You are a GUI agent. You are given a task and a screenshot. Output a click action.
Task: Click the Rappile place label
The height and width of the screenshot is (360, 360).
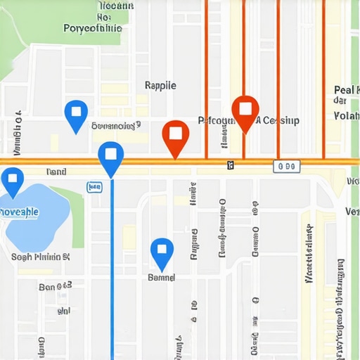(x=160, y=85)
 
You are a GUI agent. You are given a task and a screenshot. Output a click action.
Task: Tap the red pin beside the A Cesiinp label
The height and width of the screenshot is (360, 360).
(x=245, y=112)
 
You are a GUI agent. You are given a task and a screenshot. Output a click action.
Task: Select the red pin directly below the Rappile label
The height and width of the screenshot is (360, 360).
(x=176, y=136)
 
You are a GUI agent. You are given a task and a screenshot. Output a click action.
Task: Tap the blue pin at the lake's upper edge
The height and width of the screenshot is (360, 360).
(x=12, y=181)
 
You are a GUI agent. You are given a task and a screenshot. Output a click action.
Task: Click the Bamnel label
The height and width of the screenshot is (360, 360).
(x=162, y=278)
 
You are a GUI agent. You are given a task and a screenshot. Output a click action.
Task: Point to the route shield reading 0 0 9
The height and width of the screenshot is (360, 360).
(x=286, y=166)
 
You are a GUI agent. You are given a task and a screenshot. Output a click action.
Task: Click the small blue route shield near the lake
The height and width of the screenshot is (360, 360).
(x=94, y=186)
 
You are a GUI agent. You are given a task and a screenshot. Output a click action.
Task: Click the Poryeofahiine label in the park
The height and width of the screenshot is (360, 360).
(x=92, y=29)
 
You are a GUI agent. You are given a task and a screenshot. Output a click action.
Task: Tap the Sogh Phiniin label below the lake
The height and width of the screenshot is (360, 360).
(x=41, y=257)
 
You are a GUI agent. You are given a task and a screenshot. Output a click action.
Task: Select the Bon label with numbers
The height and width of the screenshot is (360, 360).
(x=56, y=286)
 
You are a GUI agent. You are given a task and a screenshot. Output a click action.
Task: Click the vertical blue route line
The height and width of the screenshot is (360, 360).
(x=112, y=267)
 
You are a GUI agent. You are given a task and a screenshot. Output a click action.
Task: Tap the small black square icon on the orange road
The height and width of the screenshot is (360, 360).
(x=231, y=165)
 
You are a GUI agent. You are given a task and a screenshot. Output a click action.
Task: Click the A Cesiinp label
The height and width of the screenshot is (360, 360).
(x=277, y=120)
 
